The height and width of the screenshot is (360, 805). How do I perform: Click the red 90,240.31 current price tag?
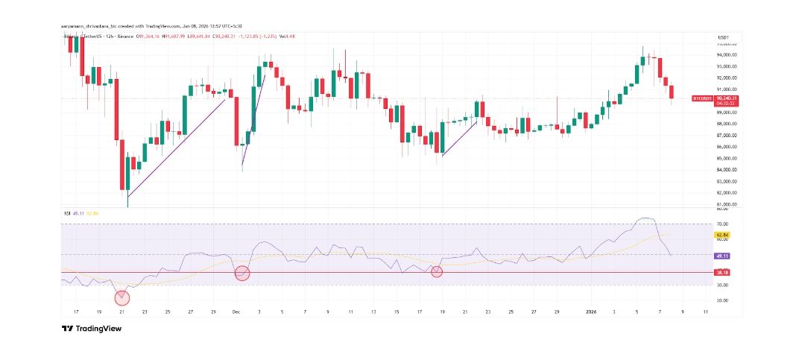(724, 98)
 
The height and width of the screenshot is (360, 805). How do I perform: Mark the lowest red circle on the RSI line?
(122, 298)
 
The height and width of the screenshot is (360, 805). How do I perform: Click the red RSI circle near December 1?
(242, 273)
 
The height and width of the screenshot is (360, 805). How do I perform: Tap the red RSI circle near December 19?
(437, 272)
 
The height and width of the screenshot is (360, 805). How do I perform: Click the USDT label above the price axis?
(722, 37)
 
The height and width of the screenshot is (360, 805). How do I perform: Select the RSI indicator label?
(68, 213)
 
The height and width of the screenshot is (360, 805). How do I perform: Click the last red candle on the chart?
(672, 92)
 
